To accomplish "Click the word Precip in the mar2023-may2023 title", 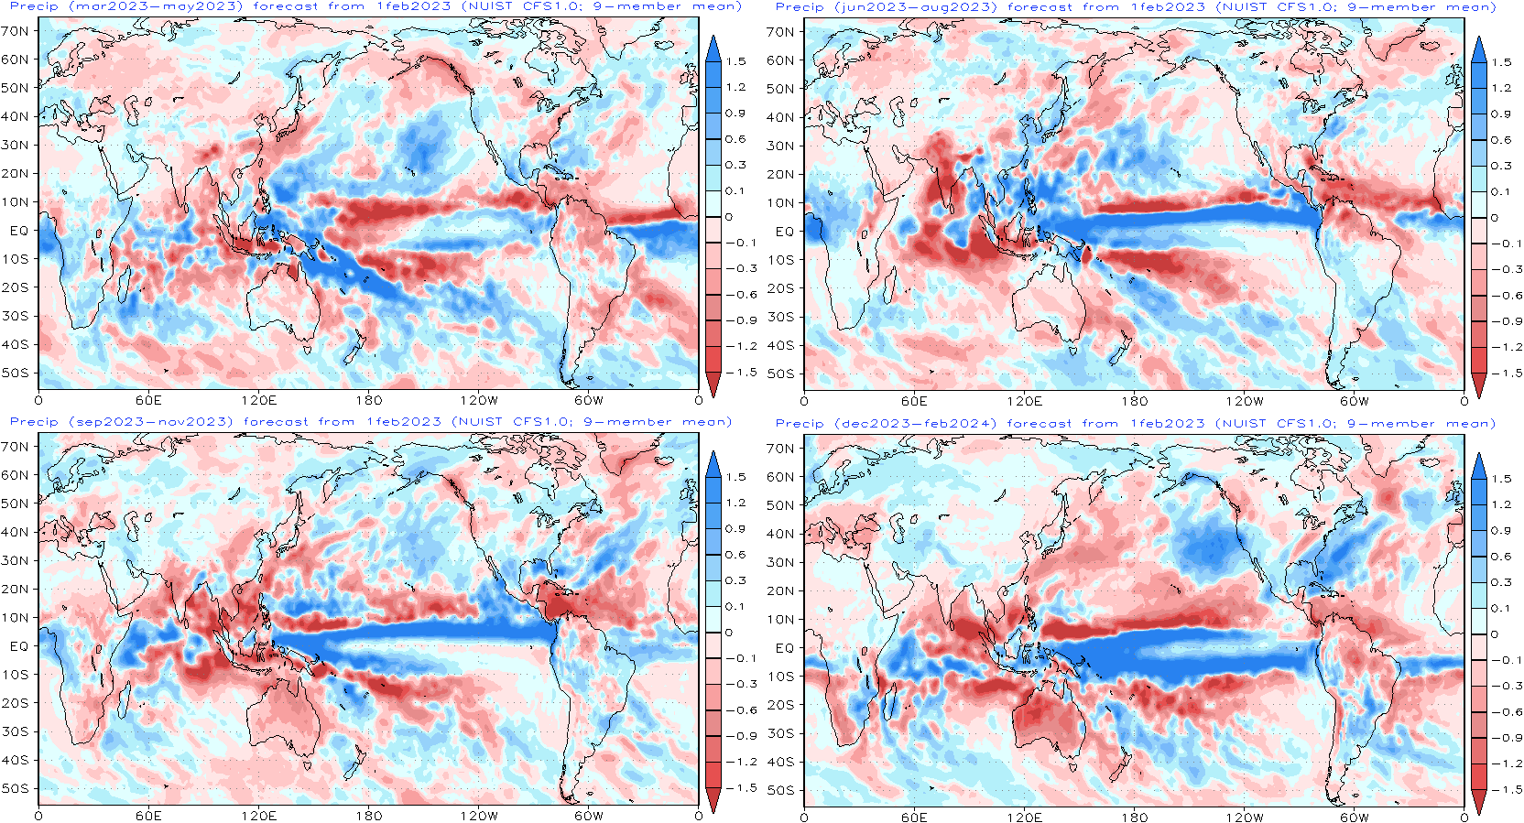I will pyautogui.click(x=34, y=6).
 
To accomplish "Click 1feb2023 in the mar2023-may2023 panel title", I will pyautogui.click(x=413, y=6).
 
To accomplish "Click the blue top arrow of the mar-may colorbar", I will pyautogui.click(x=713, y=49).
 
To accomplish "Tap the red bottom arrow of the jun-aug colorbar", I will pyautogui.click(x=1478, y=384).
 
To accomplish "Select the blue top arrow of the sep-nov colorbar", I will pyautogui.click(x=713, y=465).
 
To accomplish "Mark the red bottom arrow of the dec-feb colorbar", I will pyautogui.click(x=1478, y=802).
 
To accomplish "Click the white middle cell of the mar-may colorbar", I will pyautogui.click(x=713, y=203).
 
